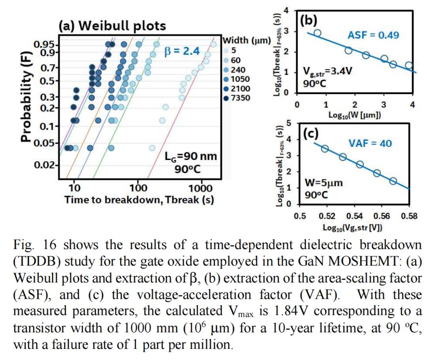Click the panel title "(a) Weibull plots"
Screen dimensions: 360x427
[x=112, y=26]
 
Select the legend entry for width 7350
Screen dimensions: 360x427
[x=240, y=97]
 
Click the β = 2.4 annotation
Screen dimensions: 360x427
[x=182, y=51]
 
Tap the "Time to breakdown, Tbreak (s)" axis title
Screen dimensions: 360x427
[x=139, y=200]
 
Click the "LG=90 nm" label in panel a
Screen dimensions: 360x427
[x=191, y=156]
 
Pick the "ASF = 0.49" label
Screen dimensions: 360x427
[x=373, y=35]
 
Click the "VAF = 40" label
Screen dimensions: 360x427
[x=370, y=143]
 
